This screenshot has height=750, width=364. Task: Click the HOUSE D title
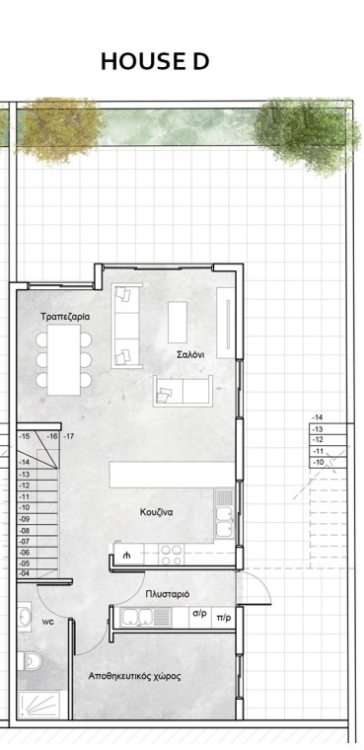click(155, 62)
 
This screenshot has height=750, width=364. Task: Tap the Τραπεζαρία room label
click(65, 317)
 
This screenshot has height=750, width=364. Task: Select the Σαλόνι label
click(190, 355)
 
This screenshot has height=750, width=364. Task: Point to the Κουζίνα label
click(157, 512)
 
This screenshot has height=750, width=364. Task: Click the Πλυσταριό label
click(168, 594)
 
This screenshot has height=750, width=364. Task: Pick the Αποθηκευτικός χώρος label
click(134, 676)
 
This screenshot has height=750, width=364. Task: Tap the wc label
click(47, 623)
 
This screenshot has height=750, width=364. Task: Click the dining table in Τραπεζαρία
click(63, 359)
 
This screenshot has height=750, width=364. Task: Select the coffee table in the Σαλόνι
click(178, 322)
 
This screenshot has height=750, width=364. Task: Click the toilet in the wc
click(30, 661)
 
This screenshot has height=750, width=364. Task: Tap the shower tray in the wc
click(38, 705)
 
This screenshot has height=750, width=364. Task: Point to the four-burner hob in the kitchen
click(172, 555)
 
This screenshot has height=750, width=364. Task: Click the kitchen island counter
click(173, 475)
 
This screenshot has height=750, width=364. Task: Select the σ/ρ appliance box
click(200, 617)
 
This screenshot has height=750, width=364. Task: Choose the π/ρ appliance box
click(223, 617)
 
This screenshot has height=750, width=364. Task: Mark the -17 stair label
click(69, 436)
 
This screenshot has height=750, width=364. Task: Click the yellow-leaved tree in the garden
click(59, 128)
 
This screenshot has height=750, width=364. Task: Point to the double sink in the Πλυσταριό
click(137, 617)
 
